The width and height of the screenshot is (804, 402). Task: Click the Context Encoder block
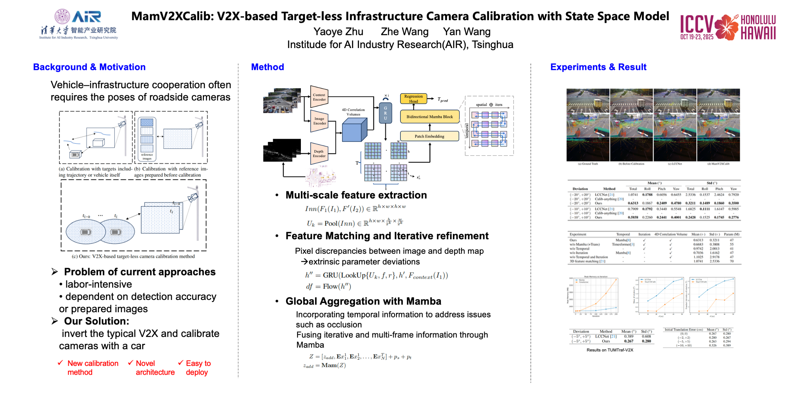(x=319, y=97)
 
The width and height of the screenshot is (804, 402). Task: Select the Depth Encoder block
(x=319, y=154)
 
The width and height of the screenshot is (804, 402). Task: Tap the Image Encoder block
(x=319, y=121)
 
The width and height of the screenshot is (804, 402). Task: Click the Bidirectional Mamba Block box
(x=429, y=117)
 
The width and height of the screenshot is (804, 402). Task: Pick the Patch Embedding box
(x=429, y=136)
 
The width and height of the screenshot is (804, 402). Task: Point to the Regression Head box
(x=413, y=99)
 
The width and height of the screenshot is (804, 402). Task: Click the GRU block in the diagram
(x=385, y=113)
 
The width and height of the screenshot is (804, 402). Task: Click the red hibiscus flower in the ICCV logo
(x=726, y=27)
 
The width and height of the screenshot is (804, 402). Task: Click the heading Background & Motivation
(x=89, y=67)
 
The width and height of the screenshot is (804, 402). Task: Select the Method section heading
(x=267, y=67)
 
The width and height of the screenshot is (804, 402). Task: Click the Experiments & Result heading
(x=598, y=67)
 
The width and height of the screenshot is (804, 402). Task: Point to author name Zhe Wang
(x=404, y=32)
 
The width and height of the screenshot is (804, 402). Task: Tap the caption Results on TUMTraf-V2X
(x=610, y=350)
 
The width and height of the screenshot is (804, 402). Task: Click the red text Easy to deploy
(x=198, y=367)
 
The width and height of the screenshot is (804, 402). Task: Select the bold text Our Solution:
(x=96, y=321)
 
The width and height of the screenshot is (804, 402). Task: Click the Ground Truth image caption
(x=588, y=164)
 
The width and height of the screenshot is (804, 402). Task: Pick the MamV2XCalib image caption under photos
(x=718, y=164)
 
